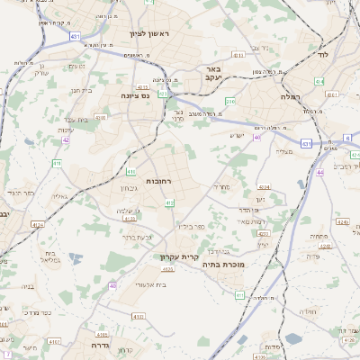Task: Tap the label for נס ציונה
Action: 123,94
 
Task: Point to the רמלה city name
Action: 290,95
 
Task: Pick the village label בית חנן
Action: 80,90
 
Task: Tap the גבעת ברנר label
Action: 139,236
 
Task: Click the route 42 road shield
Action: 66,140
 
